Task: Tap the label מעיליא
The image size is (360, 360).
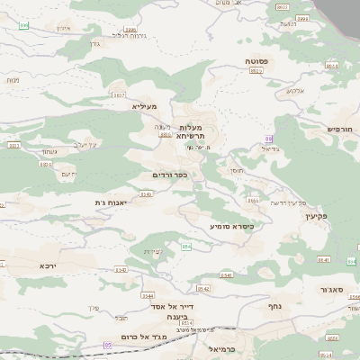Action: click(x=144, y=106)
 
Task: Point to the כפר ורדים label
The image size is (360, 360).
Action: click(x=169, y=174)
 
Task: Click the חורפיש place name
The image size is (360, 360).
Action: click(x=339, y=129)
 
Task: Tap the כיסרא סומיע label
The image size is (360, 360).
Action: click(x=231, y=226)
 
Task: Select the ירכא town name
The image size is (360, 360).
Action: click(x=48, y=266)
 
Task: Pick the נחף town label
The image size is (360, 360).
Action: click(x=277, y=306)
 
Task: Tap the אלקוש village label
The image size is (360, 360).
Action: click(x=296, y=90)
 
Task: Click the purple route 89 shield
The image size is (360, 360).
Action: click(x=267, y=138)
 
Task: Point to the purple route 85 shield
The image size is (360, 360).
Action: click(x=108, y=345)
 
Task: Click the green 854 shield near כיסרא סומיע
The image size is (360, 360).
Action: click(x=186, y=247)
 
